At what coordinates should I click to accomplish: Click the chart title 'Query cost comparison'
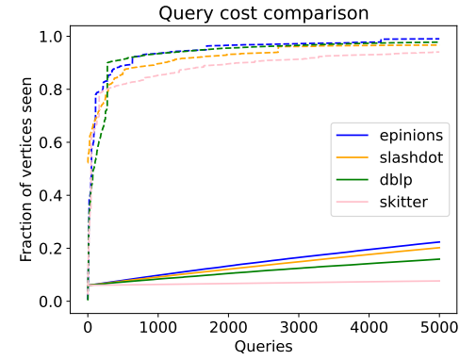[264, 13]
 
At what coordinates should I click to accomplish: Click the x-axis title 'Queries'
[264, 346]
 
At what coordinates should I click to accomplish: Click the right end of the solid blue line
[439, 242]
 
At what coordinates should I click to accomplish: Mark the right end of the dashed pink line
[439, 52]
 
